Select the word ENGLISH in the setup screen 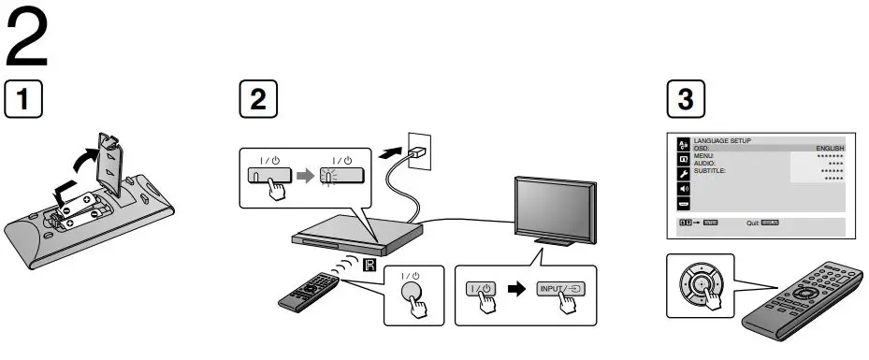click(x=830, y=149)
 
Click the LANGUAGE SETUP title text click(x=722, y=141)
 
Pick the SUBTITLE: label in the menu click(x=710, y=171)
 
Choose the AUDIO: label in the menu click(x=704, y=164)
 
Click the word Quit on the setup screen click(x=752, y=223)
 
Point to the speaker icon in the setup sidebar click(x=682, y=189)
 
